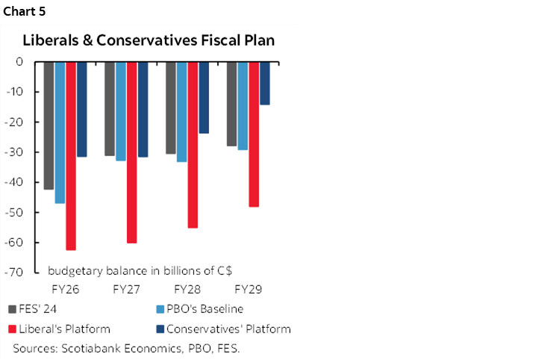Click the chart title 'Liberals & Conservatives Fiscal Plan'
click(149, 40)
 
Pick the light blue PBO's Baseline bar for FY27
click(121, 111)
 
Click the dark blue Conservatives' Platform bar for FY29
click(265, 83)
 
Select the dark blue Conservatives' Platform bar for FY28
click(204, 97)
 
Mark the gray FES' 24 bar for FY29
click(231, 104)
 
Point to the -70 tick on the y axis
click(19, 273)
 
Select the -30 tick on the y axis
click(19, 152)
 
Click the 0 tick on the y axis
click(25, 61)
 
